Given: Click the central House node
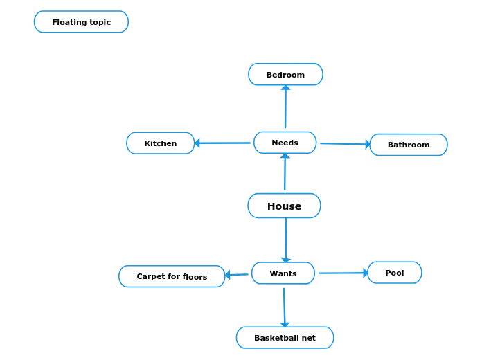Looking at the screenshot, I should click(x=284, y=206).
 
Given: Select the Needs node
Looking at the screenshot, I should click(x=285, y=143).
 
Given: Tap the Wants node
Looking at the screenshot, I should click(x=283, y=273).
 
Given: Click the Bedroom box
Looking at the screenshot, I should click(x=285, y=75).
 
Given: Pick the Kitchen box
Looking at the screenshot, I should click(x=160, y=143).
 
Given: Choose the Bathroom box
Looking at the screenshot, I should click(x=408, y=145).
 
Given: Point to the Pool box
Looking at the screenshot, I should click(x=394, y=273).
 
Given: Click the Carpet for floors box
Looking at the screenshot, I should click(x=172, y=276).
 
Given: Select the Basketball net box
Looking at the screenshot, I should click(x=285, y=338).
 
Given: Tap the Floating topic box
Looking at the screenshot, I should click(x=81, y=22).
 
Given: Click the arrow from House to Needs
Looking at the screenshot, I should click(x=285, y=173).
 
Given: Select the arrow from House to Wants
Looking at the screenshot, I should click(x=286, y=239).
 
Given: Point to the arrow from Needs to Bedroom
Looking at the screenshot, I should click(x=285, y=107).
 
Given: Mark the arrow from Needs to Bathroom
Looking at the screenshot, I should click(x=344, y=144).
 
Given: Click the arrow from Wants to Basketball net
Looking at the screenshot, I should click(x=284, y=307).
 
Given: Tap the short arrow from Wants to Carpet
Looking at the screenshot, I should click(x=237, y=275).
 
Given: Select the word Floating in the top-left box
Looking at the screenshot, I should click(x=68, y=22).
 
